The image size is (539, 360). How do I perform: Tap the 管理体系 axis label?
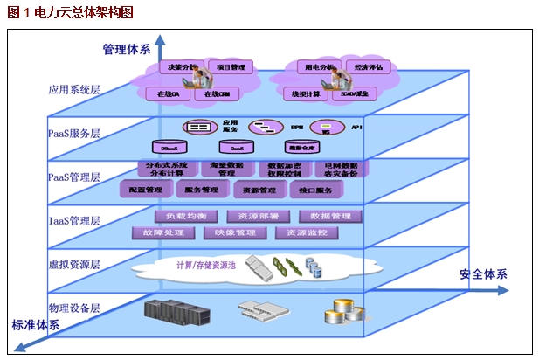point(126,49)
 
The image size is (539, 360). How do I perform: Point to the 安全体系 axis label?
point(483,274)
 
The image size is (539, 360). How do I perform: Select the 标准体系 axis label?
point(36,325)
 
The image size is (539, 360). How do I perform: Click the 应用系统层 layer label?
point(74,88)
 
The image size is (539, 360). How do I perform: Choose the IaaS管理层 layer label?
point(74,220)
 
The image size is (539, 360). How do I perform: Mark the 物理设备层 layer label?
point(74,308)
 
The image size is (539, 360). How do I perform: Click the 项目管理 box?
point(231,67)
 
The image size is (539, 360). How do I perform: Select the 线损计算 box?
point(307,93)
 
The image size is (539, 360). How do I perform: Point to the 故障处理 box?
point(158,233)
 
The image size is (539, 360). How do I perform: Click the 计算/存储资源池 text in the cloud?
point(206,265)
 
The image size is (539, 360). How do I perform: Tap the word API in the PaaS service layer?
point(356,128)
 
